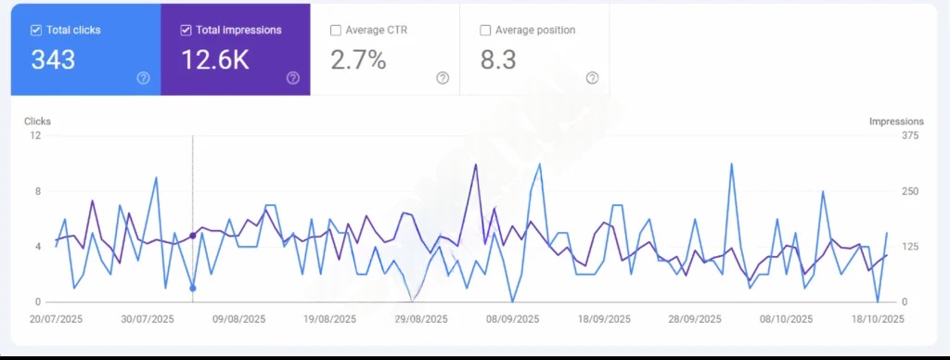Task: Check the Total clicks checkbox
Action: pos(37,31)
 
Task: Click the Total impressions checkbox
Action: pos(186,31)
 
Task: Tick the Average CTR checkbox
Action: pos(335,31)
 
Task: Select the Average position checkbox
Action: pos(485,31)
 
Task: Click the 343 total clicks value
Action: pos(53,60)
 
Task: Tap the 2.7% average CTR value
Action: pos(358,60)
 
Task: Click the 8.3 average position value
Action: pos(499,60)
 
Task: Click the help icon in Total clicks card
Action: pos(143,78)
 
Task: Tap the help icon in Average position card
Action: pos(592,78)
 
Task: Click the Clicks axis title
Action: pos(37,122)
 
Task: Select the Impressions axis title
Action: pos(896,122)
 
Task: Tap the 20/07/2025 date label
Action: pos(56,319)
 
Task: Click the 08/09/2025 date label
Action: pos(513,319)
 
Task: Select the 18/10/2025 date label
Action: pos(879,319)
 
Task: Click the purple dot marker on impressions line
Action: pos(193,236)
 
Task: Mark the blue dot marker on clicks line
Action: pos(193,289)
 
